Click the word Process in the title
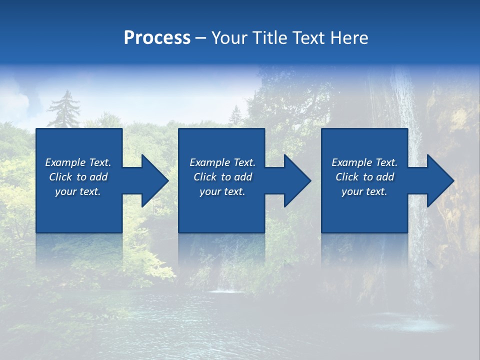tap(157, 38)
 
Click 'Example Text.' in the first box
tap(78, 162)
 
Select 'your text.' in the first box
tap(78, 191)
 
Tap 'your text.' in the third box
tap(364, 191)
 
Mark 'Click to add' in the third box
tap(364, 177)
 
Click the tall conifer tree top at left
tap(64, 100)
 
